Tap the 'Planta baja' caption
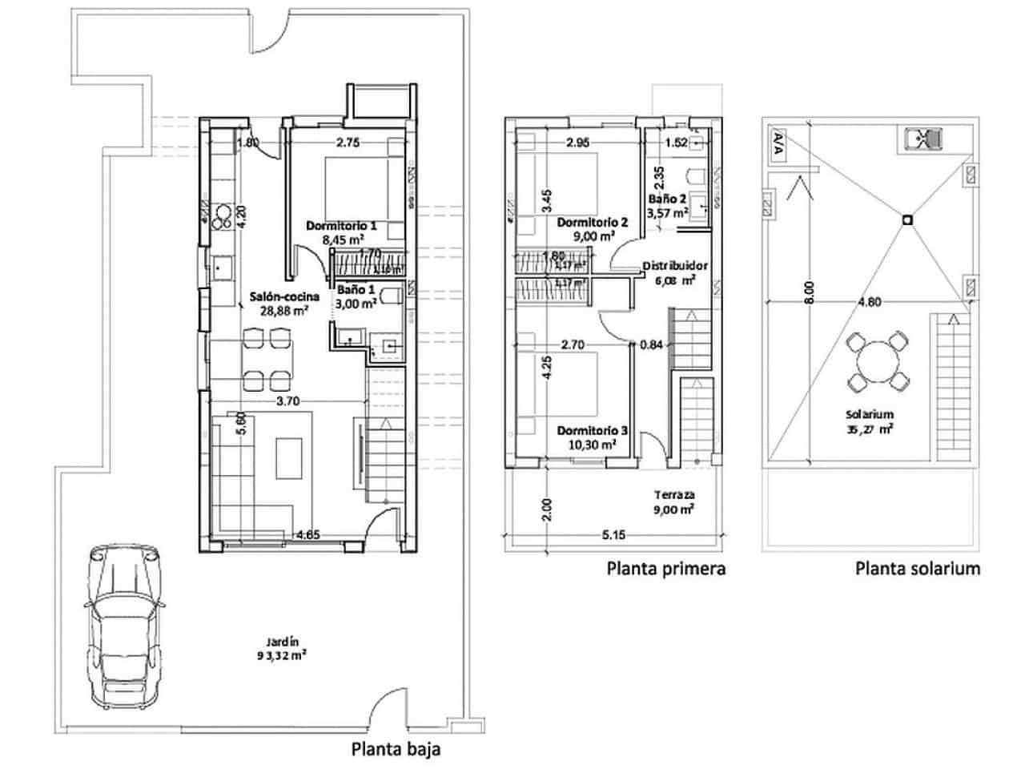396,750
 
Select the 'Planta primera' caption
665,569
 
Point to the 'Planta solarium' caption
918,569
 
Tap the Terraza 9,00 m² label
673,501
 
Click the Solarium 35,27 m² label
870,421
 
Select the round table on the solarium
878,362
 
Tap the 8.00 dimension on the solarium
810,292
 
